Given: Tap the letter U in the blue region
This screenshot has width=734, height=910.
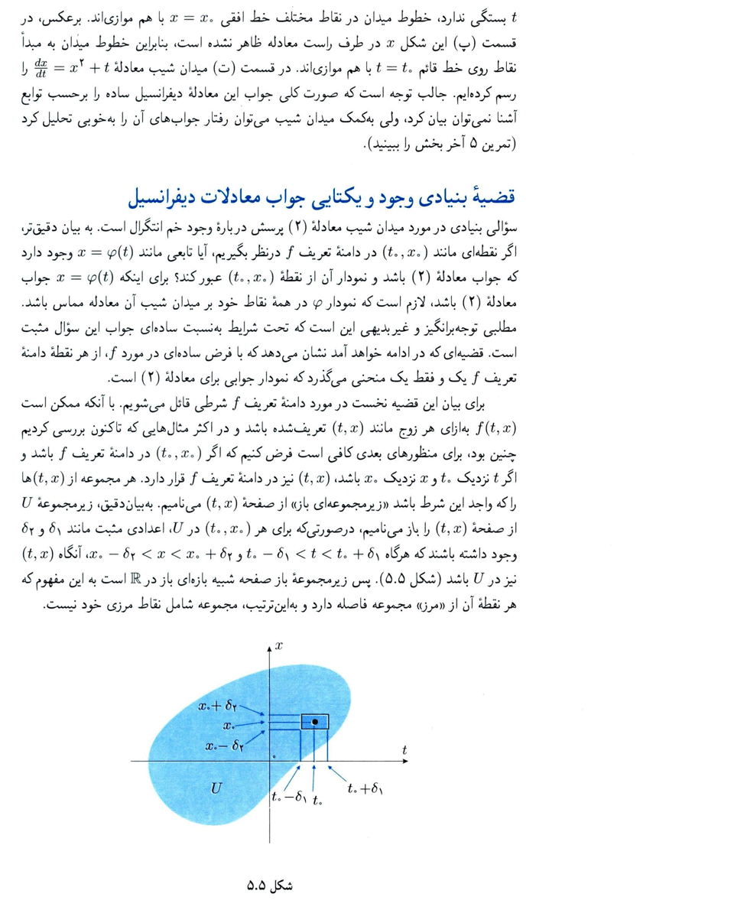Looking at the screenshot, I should point(216,784).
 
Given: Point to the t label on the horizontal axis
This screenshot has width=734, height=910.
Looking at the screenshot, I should point(404,750).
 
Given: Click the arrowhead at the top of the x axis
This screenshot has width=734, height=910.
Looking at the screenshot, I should point(269,649).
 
